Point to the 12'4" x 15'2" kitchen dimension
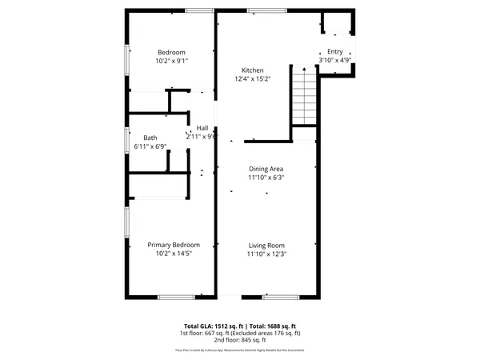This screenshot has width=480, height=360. pyautogui.click(x=253, y=79)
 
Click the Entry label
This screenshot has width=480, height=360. pyautogui.click(x=335, y=51)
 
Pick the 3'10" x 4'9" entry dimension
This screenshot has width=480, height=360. pyautogui.click(x=335, y=60)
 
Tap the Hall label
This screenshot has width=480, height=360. pyautogui.click(x=202, y=127)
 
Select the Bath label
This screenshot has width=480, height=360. pyautogui.click(x=150, y=138)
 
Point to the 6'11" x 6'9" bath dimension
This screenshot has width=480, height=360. pyautogui.click(x=150, y=146)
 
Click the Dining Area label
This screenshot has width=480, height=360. pyautogui.click(x=266, y=169)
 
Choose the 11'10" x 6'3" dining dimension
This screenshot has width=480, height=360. pyautogui.click(x=266, y=178)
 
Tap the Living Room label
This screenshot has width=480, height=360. pyautogui.click(x=266, y=246)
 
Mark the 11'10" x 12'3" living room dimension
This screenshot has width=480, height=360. pyautogui.click(x=266, y=254)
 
